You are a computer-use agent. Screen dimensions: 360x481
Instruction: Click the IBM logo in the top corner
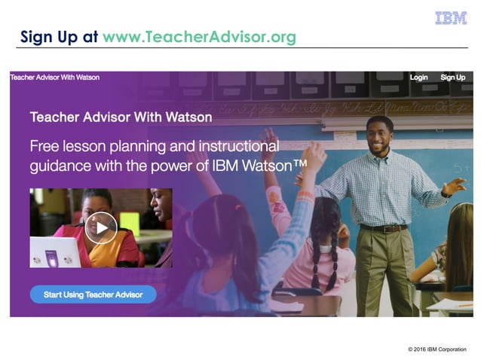tap(451, 18)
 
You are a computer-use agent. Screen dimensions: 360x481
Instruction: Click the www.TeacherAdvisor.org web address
tap(199, 37)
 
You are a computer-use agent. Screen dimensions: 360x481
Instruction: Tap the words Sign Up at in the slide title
tap(59, 37)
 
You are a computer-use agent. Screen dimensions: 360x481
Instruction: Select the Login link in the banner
tap(418, 78)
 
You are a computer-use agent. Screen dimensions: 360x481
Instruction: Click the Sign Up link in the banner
tap(452, 78)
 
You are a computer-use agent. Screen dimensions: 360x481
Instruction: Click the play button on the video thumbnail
tap(100, 227)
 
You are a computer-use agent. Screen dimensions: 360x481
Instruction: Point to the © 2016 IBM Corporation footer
tap(437, 349)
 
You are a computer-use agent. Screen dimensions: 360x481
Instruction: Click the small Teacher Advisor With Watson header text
tap(54, 78)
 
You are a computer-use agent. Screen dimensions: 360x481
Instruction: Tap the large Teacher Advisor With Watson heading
tap(121, 117)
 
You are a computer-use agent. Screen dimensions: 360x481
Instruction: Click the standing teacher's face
tap(380, 135)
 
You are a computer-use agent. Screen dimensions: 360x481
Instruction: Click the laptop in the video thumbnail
tap(54, 252)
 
